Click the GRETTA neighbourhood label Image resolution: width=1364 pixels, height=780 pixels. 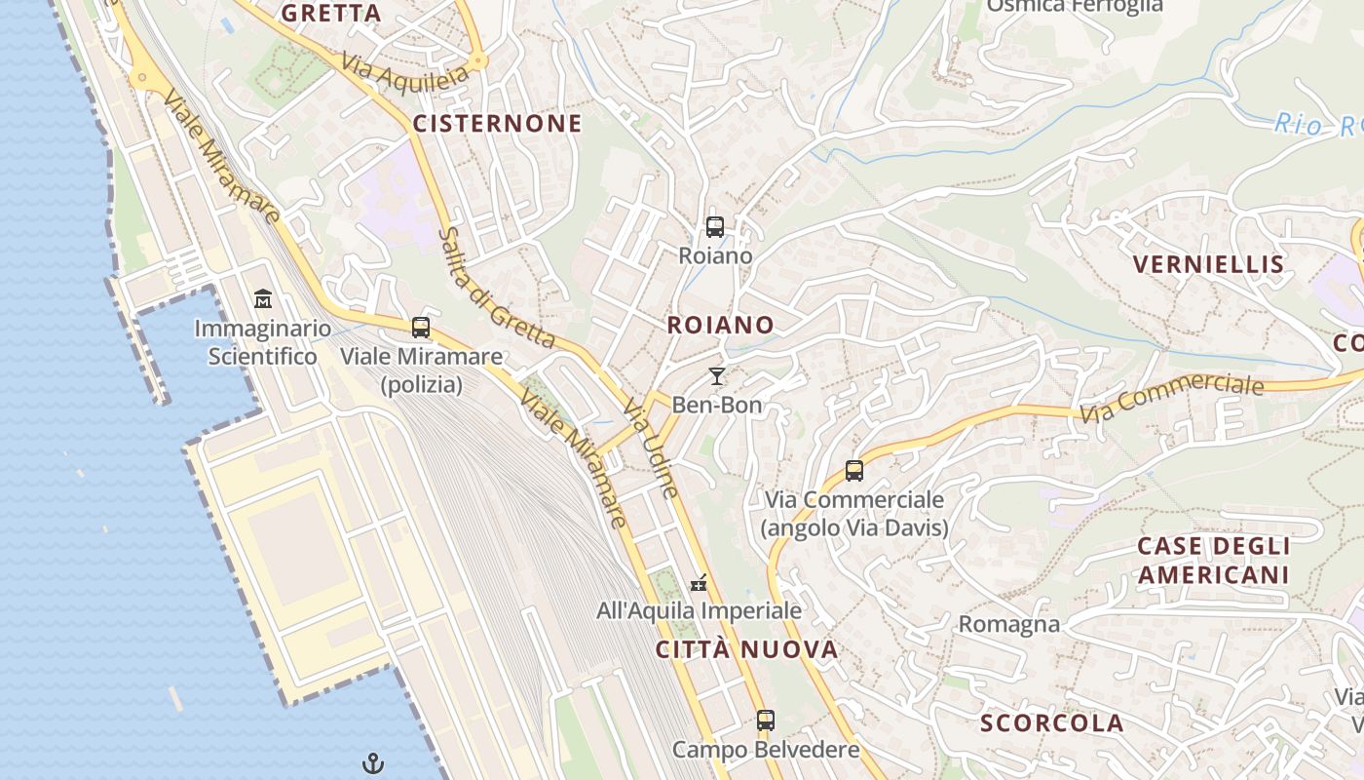tap(331, 14)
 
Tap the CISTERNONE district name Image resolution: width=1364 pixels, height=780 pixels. tap(497, 124)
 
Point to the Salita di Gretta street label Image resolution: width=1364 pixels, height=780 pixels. tap(495, 290)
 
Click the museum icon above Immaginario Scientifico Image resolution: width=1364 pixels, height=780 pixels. tap(263, 297)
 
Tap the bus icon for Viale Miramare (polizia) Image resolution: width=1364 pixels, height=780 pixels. tap(421, 328)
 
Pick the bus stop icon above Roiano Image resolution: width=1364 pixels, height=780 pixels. tap(715, 227)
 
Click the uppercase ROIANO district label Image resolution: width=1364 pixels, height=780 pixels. tap(721, 325)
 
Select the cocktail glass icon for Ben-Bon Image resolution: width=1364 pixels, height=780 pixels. tap(717, 376)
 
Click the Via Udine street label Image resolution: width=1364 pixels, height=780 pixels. tap(651, 447)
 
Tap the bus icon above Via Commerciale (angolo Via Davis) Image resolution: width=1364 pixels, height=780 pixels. tap(854, 471)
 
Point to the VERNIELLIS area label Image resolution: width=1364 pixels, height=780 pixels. tap(1208, 264)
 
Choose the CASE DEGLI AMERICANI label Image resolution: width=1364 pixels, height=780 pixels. tap(1213, 561)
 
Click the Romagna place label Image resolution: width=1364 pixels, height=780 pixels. tap(1009, 624)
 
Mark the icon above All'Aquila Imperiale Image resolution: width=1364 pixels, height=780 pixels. tap(699, 584)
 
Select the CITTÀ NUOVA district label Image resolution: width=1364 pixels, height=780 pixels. tap(746, 650)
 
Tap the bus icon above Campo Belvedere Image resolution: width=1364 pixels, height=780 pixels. tap(766, 721)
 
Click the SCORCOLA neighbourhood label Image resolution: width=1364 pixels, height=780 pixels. tap(1052, 723)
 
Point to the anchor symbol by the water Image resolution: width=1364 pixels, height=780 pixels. tap(373, 762)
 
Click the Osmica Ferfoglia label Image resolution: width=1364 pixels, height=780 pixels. tap(1075, 6)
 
